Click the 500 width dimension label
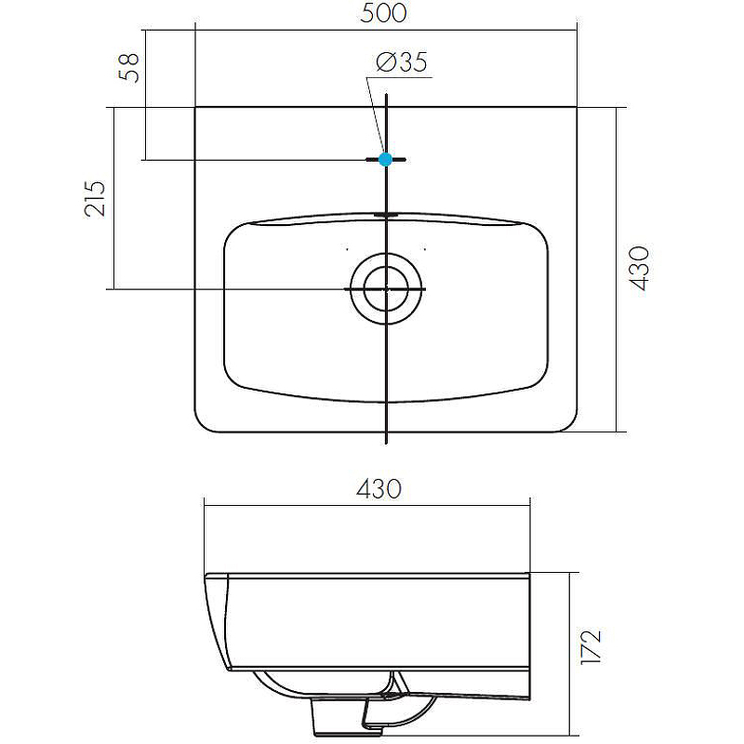[386, 13]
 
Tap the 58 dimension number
[131, 67]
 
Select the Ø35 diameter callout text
[401, 62]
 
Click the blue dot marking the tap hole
[386, 160]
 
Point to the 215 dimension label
[96, 198]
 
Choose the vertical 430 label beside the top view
[641, 269]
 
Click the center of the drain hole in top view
[386, 289]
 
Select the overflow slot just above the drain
[386, 215]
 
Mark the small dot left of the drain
[346, 249]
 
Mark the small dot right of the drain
[426, 249]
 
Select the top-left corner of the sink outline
[196, 109]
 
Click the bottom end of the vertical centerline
[386, 443]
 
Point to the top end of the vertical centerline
[386, 94]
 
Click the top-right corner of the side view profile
[528, 574]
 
